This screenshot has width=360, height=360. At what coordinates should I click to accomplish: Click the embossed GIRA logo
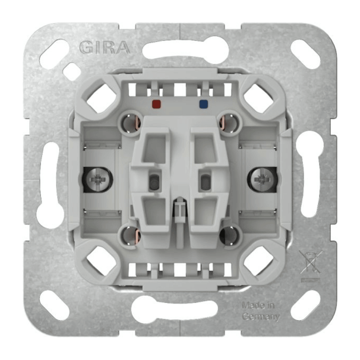click(104, 47)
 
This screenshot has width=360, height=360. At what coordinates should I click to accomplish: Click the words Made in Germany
click(260, 310)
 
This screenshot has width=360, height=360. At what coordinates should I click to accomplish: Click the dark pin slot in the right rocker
click(205, 181)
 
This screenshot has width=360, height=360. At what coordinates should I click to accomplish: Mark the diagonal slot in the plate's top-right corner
click(305, 54)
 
